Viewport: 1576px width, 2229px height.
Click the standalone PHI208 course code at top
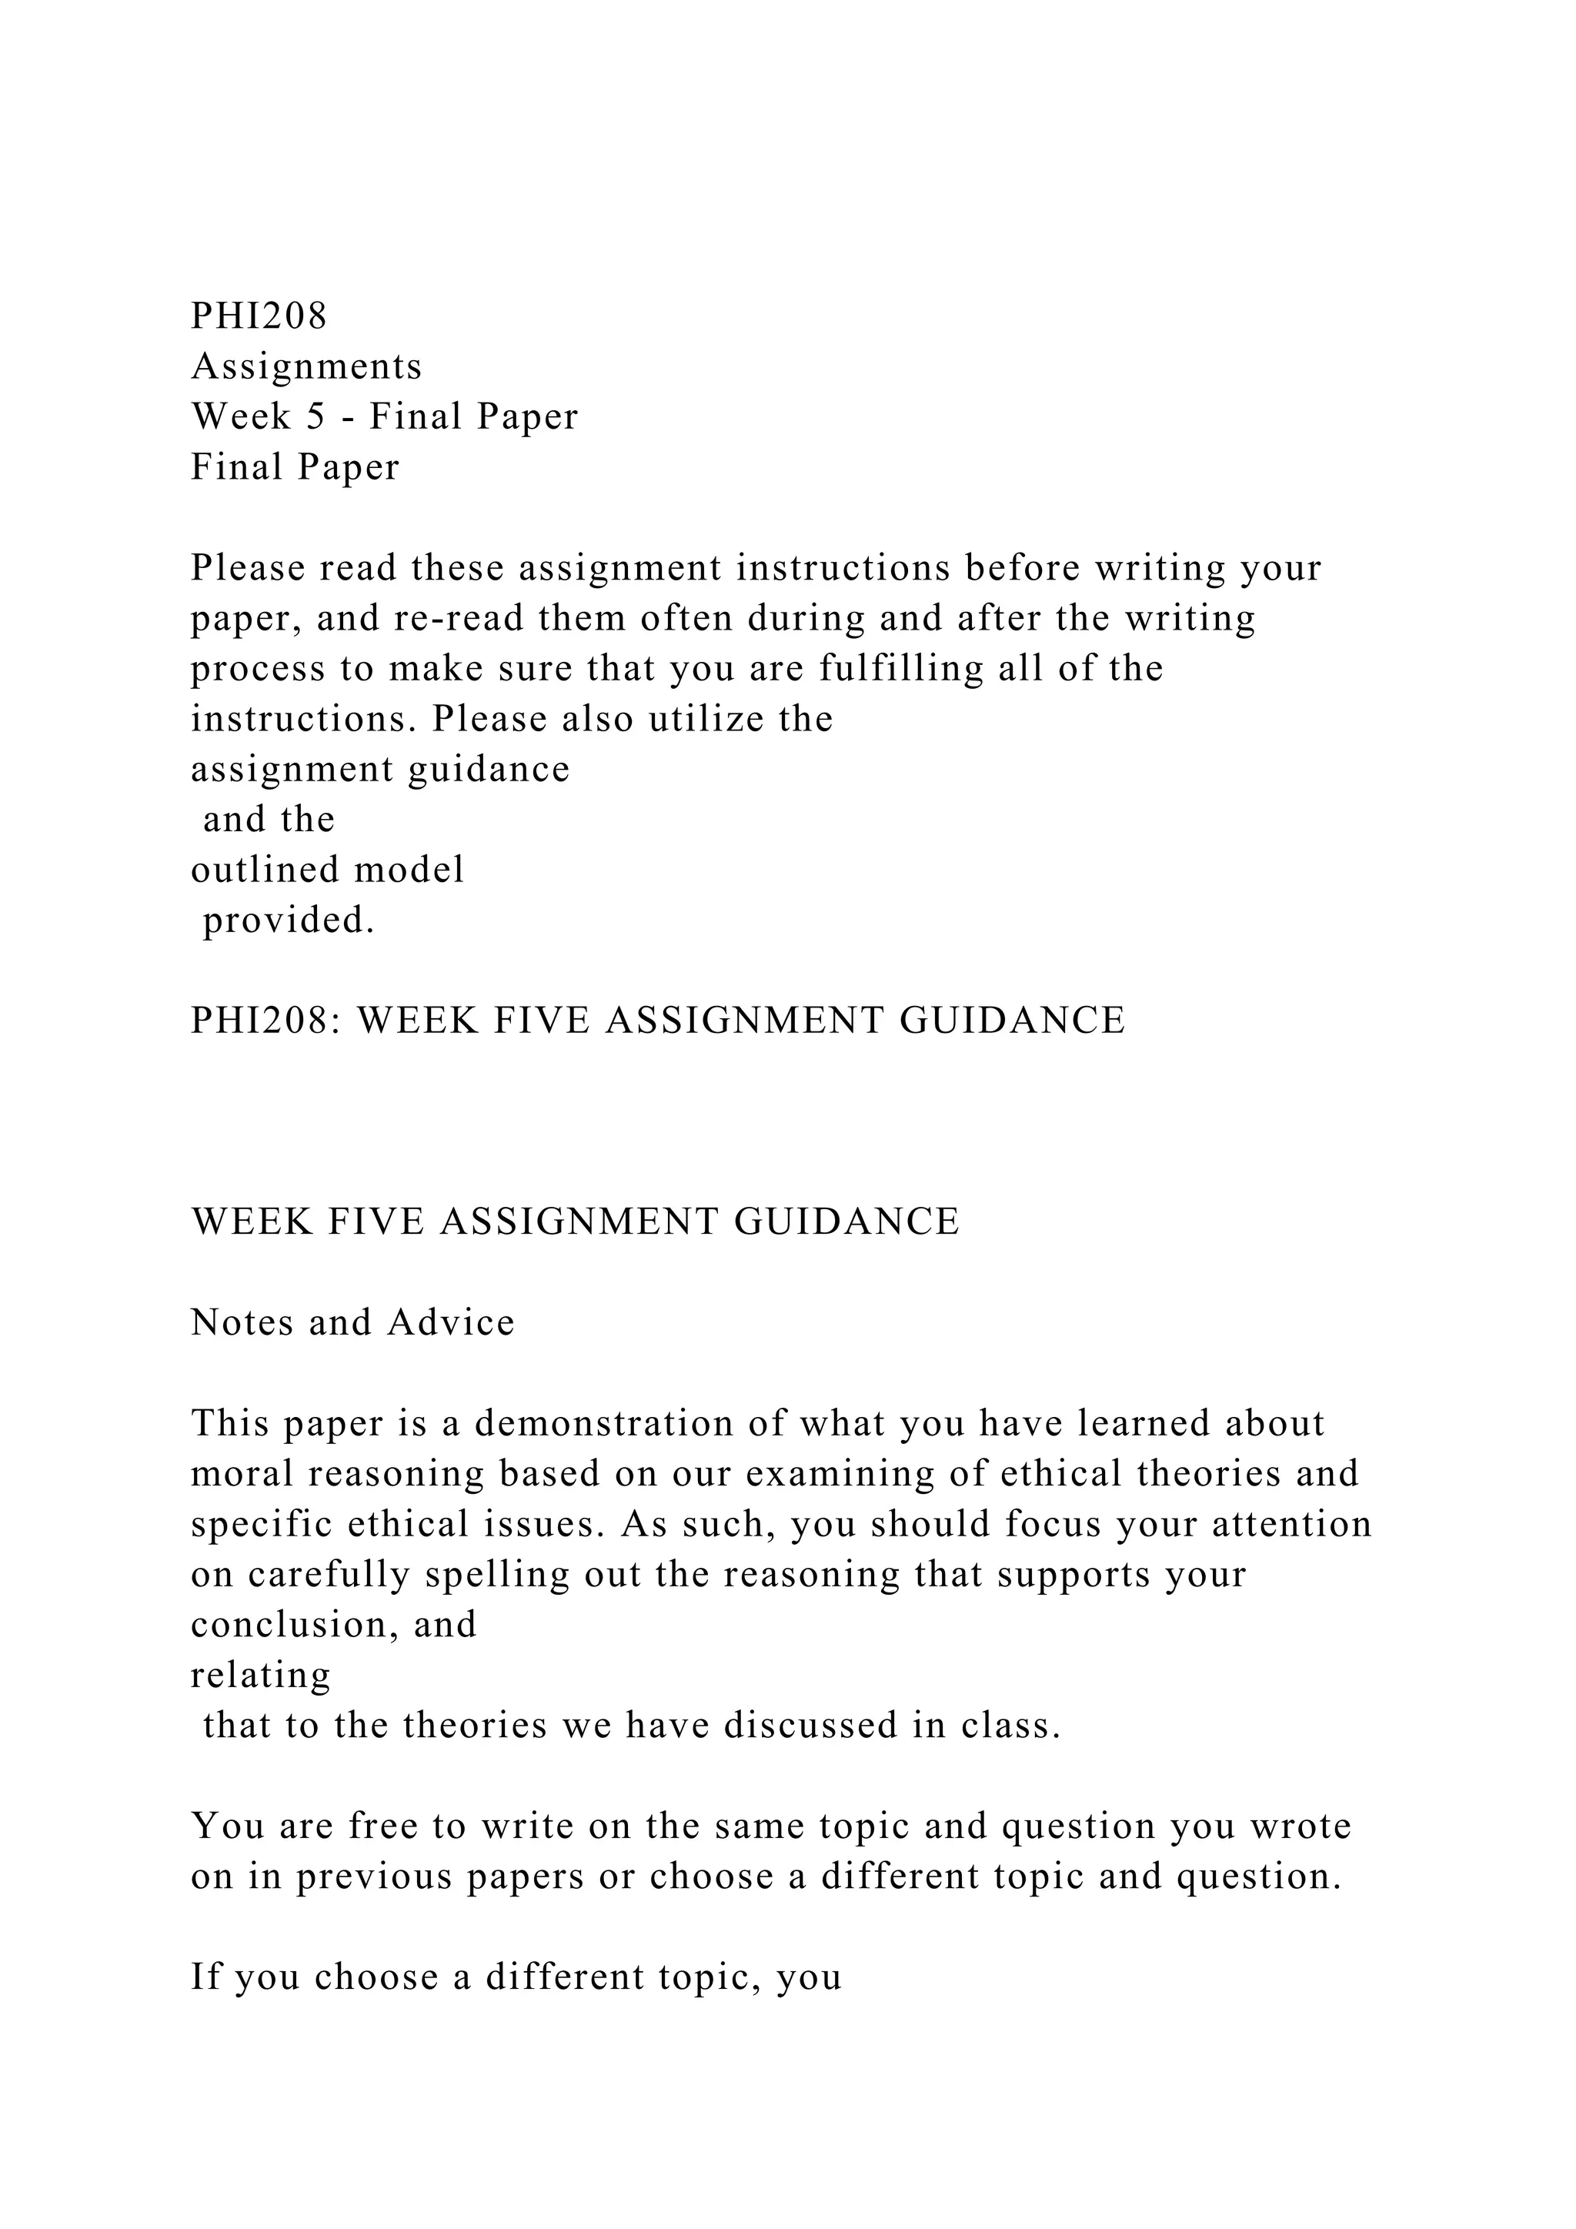pyautogui.click(x=259, y=316)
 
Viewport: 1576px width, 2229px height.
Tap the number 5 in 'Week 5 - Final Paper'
pyautogui.click(x=316, y=416)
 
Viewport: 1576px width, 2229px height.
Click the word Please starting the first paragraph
pyautogui.click(x=248, y=568)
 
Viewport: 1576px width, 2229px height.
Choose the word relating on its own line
pyautogui.click(x=260, y=1676)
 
